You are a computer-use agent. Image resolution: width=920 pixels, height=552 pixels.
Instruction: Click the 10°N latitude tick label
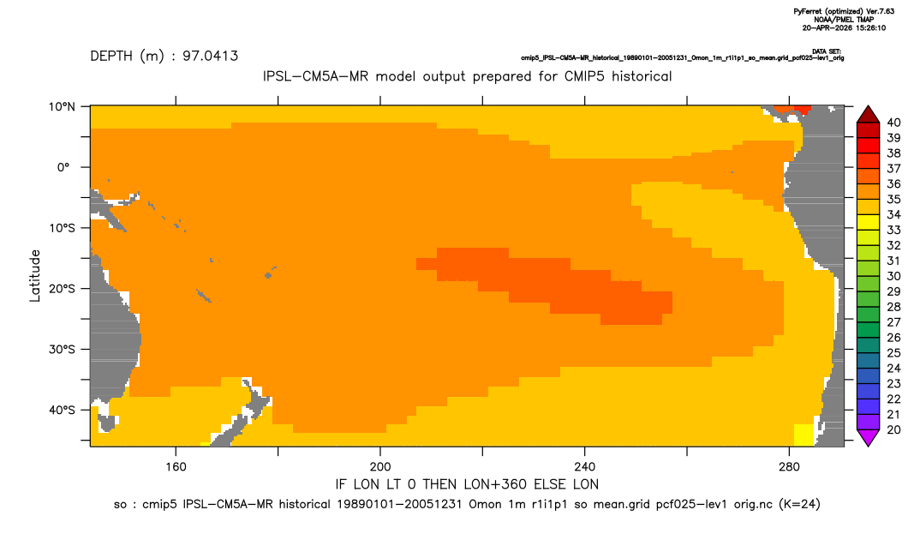(62, 107)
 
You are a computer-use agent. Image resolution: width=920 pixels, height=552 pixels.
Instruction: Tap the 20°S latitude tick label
(62, 289)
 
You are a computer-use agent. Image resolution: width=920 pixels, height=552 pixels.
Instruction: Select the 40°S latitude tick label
(62, 410)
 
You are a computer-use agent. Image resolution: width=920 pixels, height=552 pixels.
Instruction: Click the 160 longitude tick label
(176, 467)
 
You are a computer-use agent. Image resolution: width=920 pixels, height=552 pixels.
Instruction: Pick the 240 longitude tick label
(585, 467)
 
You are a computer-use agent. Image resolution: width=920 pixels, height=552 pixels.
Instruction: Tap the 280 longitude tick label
(789, 467)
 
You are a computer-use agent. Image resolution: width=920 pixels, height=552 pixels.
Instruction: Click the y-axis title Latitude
(35, 276)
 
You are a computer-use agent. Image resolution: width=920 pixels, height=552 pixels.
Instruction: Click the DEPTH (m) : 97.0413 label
(164, 57)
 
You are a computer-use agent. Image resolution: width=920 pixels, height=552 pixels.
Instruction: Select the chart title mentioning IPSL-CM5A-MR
(467, 76)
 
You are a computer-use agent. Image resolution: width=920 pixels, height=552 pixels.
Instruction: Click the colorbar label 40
(893, 123)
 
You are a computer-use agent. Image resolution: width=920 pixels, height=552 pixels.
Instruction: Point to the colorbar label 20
(893, 429)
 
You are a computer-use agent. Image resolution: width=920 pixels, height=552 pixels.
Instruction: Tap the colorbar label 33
(893, 231)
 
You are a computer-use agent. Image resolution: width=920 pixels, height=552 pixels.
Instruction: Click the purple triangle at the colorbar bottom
(868, 437)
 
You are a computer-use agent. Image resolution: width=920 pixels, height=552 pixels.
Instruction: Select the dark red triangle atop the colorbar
(868, 116)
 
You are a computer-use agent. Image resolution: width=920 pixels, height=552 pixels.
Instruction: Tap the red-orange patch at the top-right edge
(792, 110)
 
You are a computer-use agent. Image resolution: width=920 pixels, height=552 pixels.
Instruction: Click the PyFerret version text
(844, 12)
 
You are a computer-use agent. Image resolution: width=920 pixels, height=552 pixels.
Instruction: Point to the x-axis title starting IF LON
(467, 484)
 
